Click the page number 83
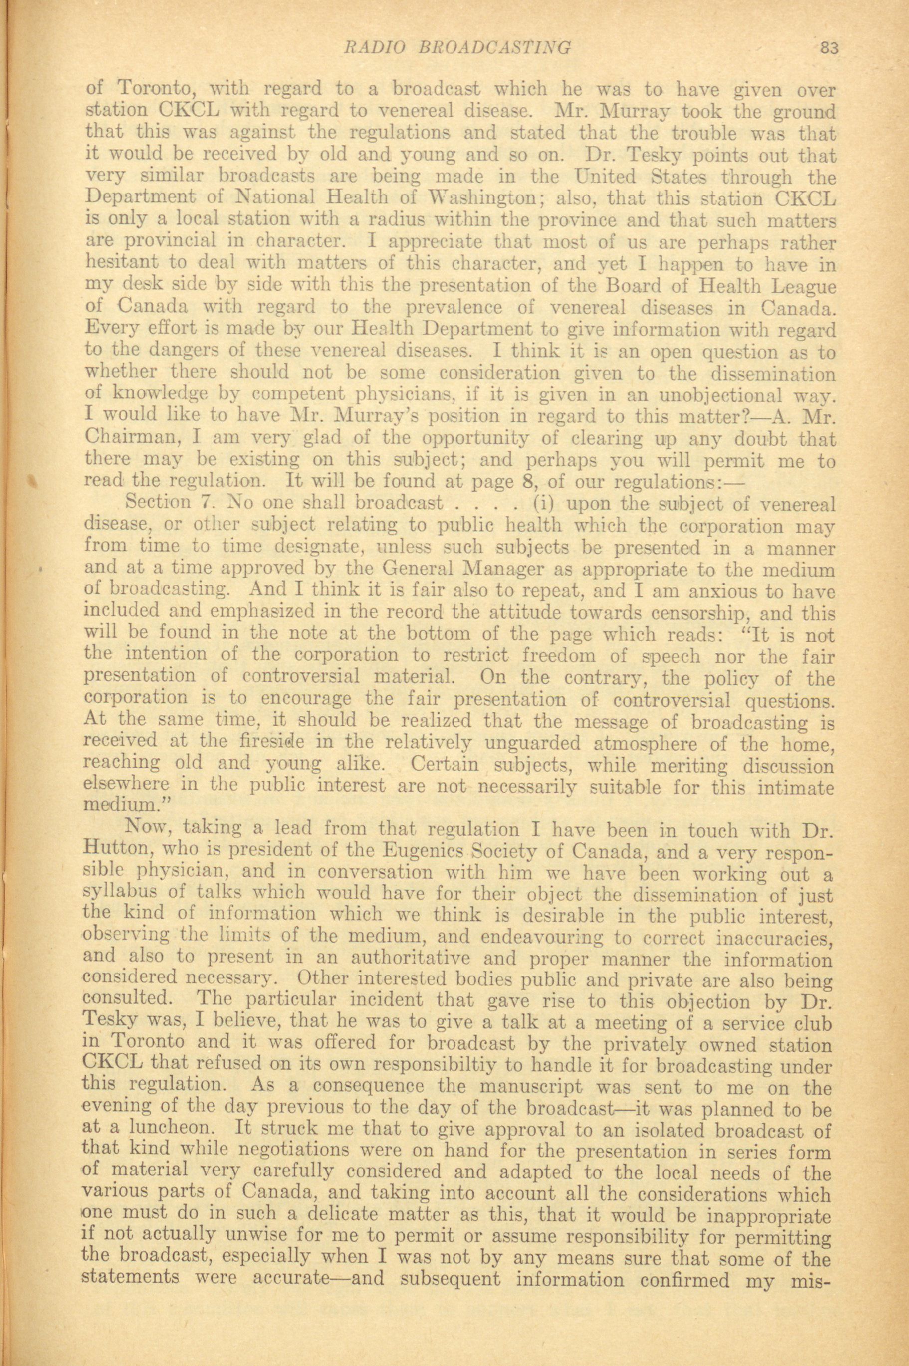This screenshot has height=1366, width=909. coord(830,49)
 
